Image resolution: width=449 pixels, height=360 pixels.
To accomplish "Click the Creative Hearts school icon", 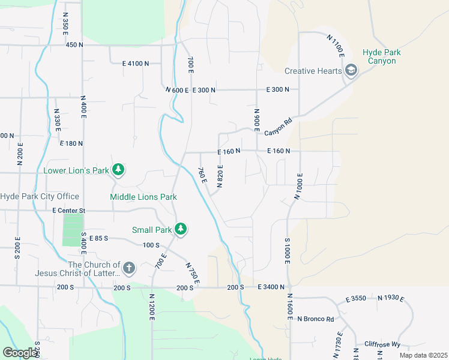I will pos(351,71).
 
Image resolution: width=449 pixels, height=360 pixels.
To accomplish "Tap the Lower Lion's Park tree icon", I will pos(119,170).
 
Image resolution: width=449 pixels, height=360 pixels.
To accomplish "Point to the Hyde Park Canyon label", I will pos(381,57).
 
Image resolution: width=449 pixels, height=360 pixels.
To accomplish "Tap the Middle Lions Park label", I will pos(143,197).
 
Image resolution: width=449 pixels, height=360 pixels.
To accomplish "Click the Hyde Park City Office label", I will pos(40,197).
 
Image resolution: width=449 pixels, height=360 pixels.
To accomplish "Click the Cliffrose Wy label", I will pos(382,344).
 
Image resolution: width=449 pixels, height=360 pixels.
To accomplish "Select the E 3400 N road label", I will pos(271,288).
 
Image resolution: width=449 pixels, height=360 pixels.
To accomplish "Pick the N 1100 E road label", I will pos(335,46).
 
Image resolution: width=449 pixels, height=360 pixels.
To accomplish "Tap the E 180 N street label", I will pos(71,143).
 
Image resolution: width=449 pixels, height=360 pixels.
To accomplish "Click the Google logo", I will pos(20,353).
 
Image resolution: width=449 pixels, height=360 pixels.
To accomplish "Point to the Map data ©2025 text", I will pos(423,355).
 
